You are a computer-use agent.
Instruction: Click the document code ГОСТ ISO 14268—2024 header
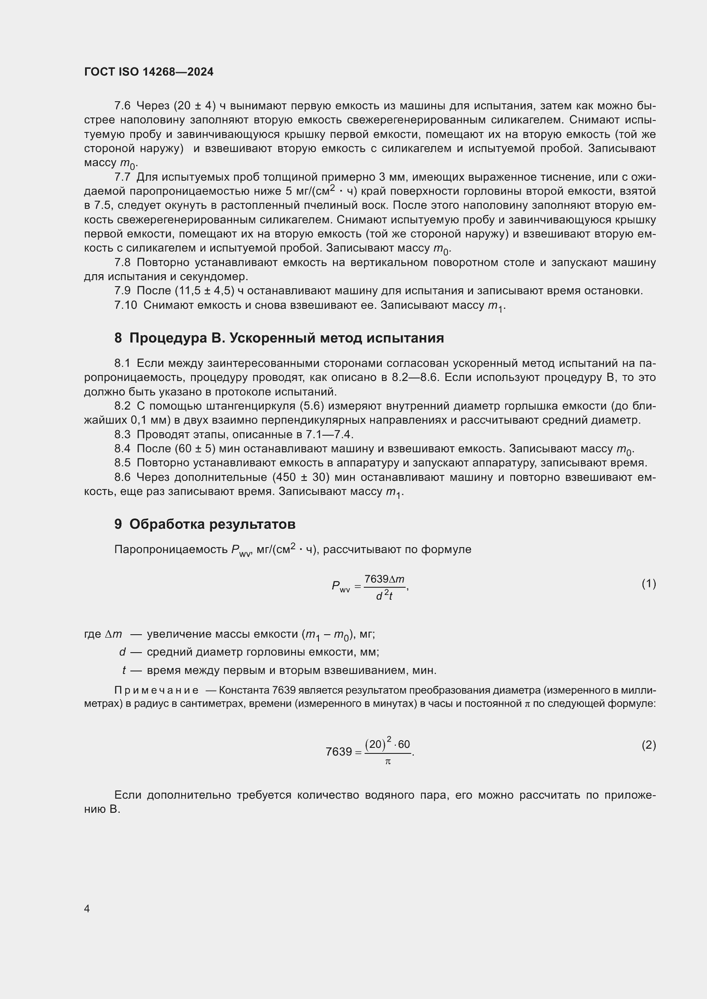149,72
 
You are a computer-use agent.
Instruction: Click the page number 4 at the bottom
87,908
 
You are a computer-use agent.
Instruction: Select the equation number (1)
648,583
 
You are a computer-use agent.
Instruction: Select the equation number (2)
648,745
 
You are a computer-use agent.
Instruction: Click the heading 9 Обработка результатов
205,524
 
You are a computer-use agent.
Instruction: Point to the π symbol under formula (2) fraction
388,762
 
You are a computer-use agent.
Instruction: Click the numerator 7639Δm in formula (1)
384,579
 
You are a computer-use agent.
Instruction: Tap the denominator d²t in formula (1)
384,596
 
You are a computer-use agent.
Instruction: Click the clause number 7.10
125,305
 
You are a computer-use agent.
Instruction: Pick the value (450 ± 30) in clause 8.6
300,478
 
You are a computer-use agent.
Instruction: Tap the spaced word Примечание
156,691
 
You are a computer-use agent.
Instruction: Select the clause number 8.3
122,434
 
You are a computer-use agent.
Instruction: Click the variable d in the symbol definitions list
122,652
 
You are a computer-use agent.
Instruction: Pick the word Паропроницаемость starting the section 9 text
171,550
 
